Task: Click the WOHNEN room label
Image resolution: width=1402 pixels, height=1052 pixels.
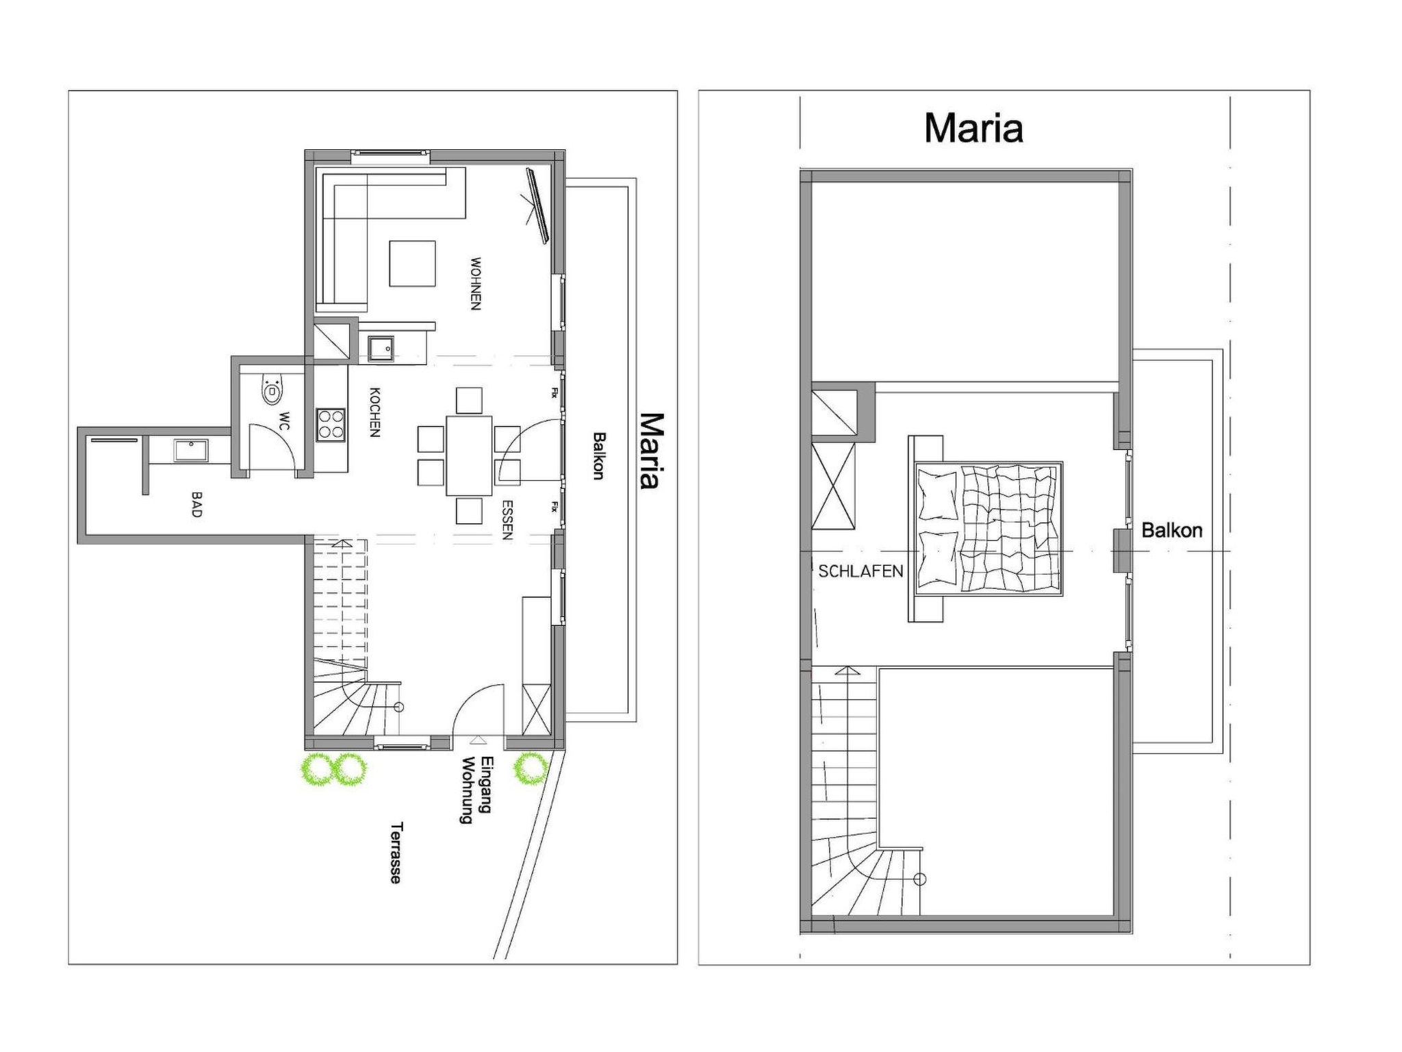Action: pyautogui.click(x=476, y=284)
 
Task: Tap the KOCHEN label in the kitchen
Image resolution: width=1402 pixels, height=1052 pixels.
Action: pyautogui.click(x=374, y=412)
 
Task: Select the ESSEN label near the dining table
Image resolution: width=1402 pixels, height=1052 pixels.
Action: pyautogui.click(x=507, y=521)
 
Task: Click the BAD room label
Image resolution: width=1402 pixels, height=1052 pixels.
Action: pyautogui.click(x=196, y=504)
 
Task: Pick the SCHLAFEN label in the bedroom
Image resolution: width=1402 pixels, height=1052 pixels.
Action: pyautogui.click(x=861, y=571)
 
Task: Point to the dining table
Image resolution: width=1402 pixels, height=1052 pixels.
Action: pyautogui.click(x=469, y=455)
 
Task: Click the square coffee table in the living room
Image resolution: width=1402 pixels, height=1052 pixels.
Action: pyautogui.click(x=412, y=263)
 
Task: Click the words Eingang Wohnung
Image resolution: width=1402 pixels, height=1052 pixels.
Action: pyautogui.click(x=477, y=790)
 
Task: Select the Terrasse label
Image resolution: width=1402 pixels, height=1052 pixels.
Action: pyautogui.click(x=396, y=853)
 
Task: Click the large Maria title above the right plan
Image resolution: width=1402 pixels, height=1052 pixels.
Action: pyautogui.click(x=973, y=128)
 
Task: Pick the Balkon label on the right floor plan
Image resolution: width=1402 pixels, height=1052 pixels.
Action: pyautogui.click(x=1172, y=530)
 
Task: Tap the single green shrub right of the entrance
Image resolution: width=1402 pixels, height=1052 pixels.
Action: pyautogui.click(x=531, y=769)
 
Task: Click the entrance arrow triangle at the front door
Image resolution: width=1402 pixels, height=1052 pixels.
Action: pyautogui.click(x=477, y=739)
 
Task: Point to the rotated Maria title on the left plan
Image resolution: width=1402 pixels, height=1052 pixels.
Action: pyautogui.click(x=651, y=451)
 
